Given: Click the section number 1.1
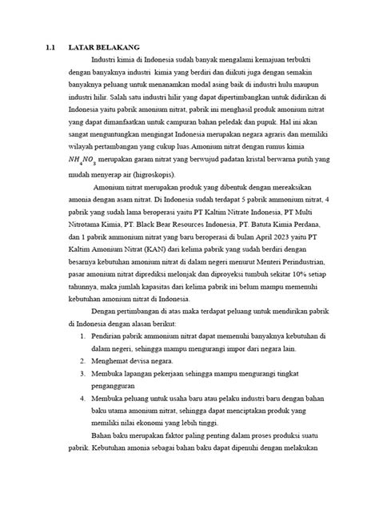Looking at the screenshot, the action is [51, 47].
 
